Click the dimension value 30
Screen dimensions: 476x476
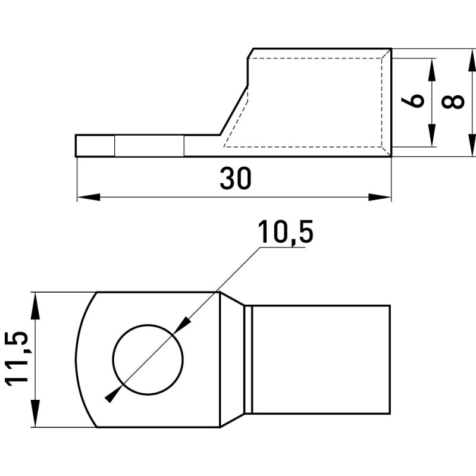point(236,178)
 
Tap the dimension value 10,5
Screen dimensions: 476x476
point(286,232)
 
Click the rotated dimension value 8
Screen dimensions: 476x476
point(453,102)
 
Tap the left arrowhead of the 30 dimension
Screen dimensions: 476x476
point(89,197)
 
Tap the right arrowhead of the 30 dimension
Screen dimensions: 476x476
point(380,197)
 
